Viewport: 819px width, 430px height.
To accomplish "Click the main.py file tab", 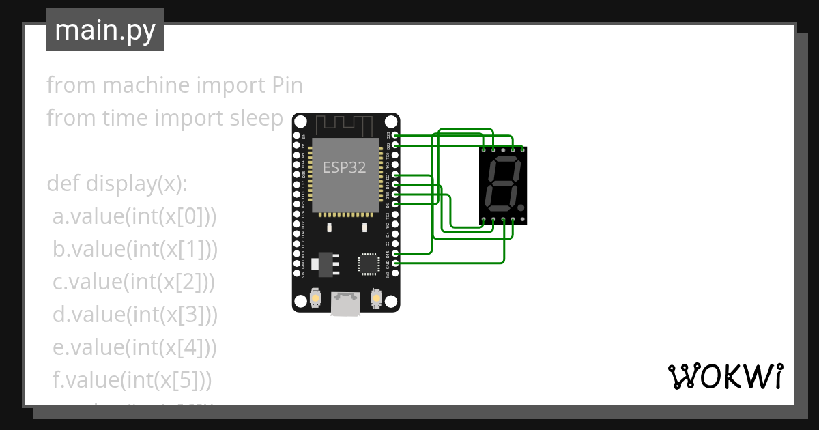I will click(104, 30).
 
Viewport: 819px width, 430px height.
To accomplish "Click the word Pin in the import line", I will click(283, 86).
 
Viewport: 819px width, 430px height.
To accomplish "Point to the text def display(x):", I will click(117, 184).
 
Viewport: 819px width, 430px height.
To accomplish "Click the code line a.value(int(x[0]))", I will click(134, 216).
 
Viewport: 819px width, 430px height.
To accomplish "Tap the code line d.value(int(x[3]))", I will click(135, 315).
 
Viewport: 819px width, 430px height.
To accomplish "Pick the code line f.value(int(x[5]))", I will click(132, 380).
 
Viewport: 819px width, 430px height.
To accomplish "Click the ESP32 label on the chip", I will click(345, 168).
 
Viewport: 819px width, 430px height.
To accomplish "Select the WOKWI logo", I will click(725, 376).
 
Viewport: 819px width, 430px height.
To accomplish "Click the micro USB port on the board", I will click(346, 303).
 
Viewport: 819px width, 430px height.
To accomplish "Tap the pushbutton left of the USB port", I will click(316, 298).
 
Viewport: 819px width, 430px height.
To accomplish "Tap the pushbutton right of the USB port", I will click(375, 298).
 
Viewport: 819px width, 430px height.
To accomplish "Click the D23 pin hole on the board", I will click(396, 136).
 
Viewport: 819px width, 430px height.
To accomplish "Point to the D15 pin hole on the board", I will click(396, 253).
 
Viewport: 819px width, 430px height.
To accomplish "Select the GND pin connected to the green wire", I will click(396, 263).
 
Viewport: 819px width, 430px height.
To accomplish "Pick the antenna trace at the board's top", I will click(345, 124).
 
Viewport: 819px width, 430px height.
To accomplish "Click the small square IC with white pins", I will click(367, 263).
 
